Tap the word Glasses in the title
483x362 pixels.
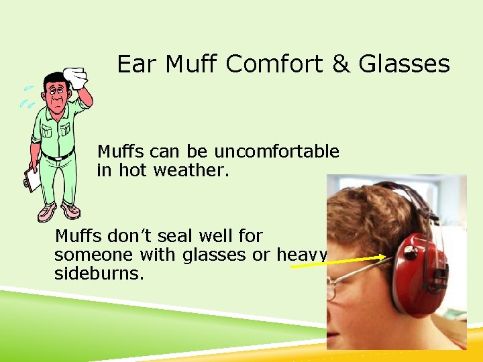pos(404,64)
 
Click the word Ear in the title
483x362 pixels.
pos(137,64)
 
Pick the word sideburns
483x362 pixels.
pos(99,274)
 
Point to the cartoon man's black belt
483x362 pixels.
pos(58,156)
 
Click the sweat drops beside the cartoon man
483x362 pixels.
pos(27,97)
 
